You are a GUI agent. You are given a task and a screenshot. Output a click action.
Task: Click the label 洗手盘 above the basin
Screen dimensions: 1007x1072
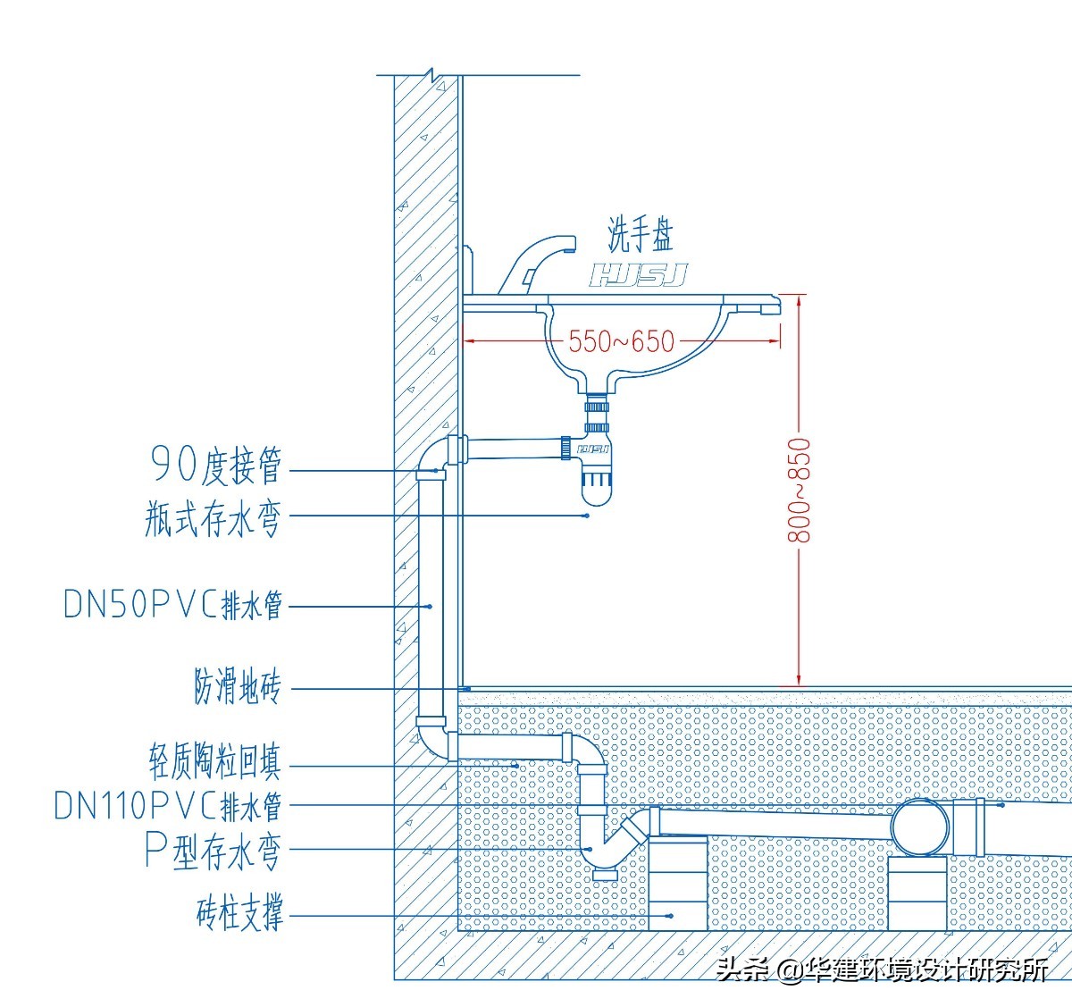tap(640, 234)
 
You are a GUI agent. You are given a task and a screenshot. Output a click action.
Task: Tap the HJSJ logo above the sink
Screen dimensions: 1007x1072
tap(638, 275)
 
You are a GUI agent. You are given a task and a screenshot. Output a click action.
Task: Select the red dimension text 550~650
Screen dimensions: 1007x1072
tap(622, 340)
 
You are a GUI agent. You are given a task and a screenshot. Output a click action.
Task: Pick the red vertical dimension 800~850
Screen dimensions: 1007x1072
tap(800, 490)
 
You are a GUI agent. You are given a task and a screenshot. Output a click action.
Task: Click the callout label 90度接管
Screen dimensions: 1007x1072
tap(216, 465)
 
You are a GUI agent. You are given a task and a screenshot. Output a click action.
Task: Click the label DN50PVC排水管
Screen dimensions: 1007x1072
tap(173, 605)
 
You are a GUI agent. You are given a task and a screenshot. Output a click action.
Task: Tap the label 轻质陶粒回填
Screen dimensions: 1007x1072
tap(214, 761)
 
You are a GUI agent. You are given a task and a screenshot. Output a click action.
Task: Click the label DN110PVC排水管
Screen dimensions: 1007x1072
tap(168, 805)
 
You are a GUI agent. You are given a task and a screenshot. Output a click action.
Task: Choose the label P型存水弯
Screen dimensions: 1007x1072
tap(213, 850)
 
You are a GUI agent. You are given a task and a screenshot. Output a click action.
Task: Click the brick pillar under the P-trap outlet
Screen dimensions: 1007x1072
tap(677, 883)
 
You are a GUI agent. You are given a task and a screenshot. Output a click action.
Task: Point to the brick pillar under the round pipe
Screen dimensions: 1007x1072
tap(918, 894)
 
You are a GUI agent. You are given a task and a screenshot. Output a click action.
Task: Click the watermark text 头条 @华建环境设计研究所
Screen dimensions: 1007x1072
tap(882, 969)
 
